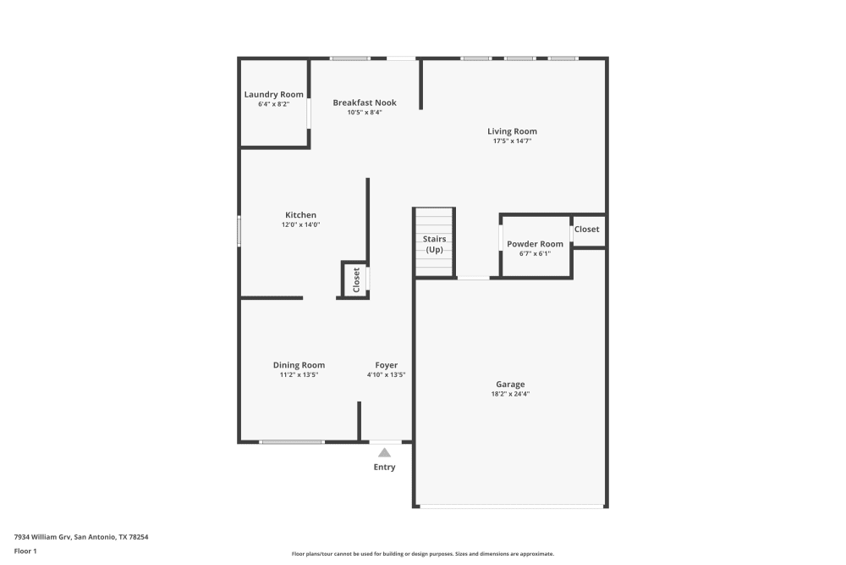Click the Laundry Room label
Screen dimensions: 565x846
coord(273,94)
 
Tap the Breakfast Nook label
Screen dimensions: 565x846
coord(365,102)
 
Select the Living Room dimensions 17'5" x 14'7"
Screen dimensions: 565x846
coord(512,141)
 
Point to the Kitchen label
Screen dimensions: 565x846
coord(300,215)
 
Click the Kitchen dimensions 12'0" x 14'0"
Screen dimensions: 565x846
coord(300,224)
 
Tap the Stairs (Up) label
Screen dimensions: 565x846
coord(434,244)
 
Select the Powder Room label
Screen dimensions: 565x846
coord(535,244)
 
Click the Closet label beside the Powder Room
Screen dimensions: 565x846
coord(586,230)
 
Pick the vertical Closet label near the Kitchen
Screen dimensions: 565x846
coord(356,279)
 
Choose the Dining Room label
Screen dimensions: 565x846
coord(299,365)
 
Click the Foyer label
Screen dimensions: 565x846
coord(387,365)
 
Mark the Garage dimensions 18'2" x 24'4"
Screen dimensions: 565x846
coord(510,394)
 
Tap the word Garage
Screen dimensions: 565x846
coord(510,385)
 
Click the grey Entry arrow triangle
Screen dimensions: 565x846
coord(385,452)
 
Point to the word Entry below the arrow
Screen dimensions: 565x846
coord(384,467)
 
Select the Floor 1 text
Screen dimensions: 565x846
coord(25,551)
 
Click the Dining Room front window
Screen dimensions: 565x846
coord(291,441)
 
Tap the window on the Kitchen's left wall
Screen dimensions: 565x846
coord(239,230)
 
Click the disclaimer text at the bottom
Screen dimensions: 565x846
coord(422,553)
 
